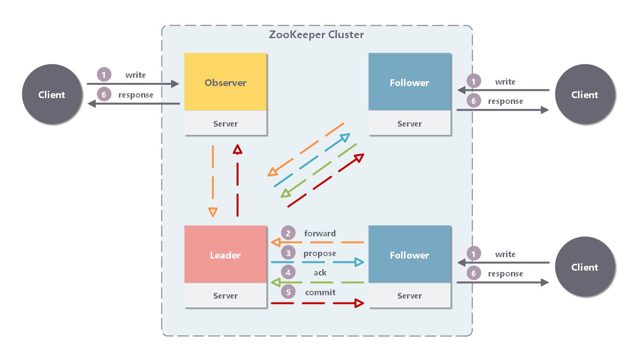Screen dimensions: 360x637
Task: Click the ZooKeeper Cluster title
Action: pos(317,35)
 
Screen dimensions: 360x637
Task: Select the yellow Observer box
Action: pos(225,82)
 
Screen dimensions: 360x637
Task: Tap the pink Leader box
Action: pos(225,255)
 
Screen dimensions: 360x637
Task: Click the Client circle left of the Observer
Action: pos(52,95)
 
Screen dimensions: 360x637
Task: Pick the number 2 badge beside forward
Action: pos(288,233)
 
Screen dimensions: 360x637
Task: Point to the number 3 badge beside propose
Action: pos(288,253)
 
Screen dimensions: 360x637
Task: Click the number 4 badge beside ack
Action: pos(288,273)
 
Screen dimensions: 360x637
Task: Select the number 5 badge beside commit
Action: pos(288,292)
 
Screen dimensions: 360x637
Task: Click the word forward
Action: pos(320,233)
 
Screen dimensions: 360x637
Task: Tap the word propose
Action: pos(319,253)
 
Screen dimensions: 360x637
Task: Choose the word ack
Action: pos(320,273)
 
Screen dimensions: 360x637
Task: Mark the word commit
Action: pos(320,292)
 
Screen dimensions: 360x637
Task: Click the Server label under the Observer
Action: pos(225,124)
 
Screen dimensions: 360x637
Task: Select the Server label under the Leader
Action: pos(225,296)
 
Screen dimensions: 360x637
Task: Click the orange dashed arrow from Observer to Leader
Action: pos(213,179)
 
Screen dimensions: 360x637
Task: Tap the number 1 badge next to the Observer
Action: pos(104,75)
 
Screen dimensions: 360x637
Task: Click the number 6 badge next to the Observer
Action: pos(104,95)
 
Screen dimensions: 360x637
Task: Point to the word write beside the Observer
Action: pos(135,75)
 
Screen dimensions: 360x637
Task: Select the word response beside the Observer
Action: pos(136,95)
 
